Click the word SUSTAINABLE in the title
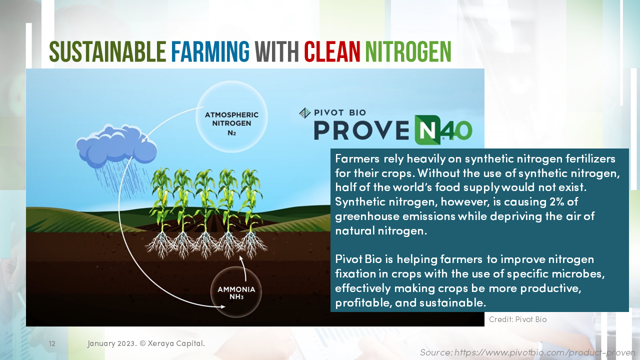click(x=107, y=51)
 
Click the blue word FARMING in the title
click(x=210, y=51)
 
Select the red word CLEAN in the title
click(x=332, y=51)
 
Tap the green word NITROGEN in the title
click(x=408, y=51)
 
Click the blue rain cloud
click(x=116, y=145)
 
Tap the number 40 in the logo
click(x=455, y=131)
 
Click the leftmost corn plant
click(x=161, y=200)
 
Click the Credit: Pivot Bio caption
click(x=517, y=319)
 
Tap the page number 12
click(x=52, y=344)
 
